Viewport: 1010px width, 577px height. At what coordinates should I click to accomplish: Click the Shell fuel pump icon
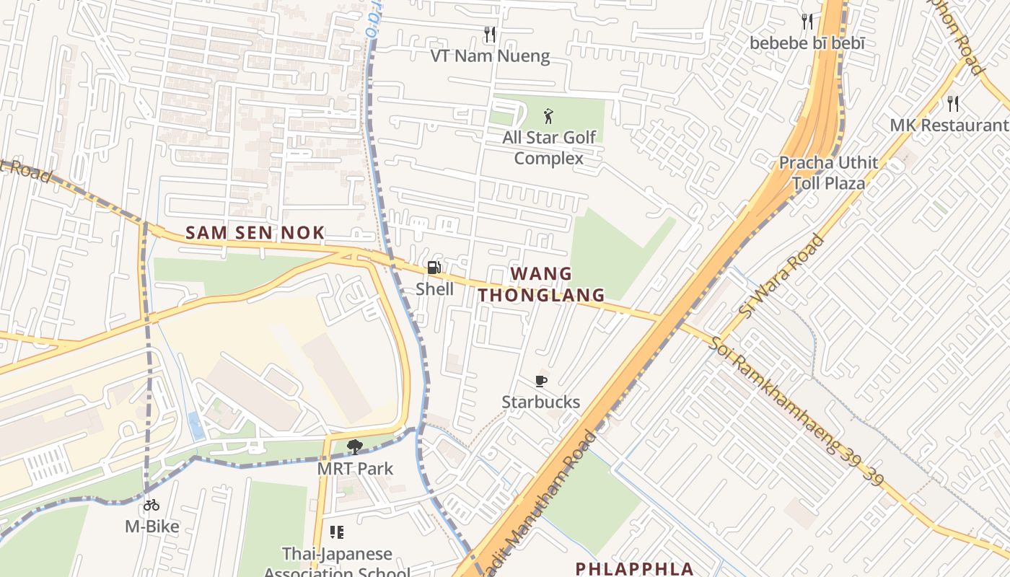(x=434, y=268)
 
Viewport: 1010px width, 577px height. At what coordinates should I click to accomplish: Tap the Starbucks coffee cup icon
(x=541, y=382)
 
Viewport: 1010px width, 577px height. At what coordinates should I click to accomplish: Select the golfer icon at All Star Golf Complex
(x=549, y=115)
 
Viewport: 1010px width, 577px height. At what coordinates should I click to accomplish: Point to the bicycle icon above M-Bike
(x=151, y=506)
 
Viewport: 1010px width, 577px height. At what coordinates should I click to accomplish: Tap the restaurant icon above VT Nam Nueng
(x=490, y=35)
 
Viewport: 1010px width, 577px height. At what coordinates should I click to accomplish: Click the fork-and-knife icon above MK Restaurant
(x=953, y=104)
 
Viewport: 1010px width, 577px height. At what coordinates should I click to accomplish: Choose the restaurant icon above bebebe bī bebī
(x=807, y=22)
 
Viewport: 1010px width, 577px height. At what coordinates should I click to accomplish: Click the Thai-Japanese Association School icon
(x=337, y=533)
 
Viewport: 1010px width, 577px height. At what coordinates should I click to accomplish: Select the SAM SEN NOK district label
(x=255, y=233)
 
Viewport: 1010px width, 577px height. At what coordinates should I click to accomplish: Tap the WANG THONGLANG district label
(x=541, y=284)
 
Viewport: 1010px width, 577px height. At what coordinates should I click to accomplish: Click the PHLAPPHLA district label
(x=634, y=568)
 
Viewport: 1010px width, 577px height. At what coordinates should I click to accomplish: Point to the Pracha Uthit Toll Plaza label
(x=828, y=173)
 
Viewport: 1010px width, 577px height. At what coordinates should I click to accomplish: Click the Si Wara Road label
(x=781, y=276)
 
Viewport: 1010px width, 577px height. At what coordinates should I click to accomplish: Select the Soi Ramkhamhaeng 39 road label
(x=794, y=411)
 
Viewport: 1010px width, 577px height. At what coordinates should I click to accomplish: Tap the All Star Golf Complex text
(x=549, y=148)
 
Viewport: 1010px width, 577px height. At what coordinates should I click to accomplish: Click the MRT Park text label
(x=356, y=469)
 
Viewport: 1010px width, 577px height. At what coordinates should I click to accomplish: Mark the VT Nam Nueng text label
(x=490, y=56)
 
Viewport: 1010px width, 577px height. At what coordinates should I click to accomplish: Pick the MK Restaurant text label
(x=948, y=125)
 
